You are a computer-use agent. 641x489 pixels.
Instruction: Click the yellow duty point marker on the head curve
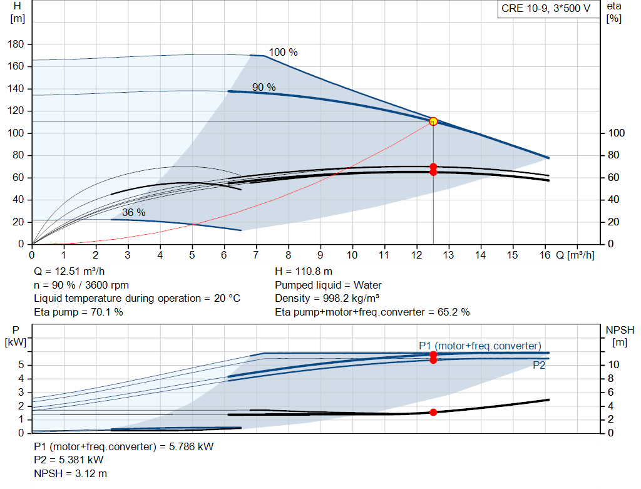433,121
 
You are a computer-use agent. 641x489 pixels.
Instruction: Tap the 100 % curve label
283,53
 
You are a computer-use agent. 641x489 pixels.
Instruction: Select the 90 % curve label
264,88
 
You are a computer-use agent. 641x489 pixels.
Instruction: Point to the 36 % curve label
133,213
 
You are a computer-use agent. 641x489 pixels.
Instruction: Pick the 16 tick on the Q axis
544,255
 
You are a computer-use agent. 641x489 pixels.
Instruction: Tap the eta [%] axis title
613,12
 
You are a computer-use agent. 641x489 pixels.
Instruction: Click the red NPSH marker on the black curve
433,412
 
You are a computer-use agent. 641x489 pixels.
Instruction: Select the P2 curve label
539,366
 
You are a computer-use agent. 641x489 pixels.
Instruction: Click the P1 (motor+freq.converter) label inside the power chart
479,346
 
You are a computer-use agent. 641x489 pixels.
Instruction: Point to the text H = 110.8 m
304,272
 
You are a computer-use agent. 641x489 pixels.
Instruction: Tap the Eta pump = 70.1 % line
78,312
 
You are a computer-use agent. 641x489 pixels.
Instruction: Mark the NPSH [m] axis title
620,336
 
